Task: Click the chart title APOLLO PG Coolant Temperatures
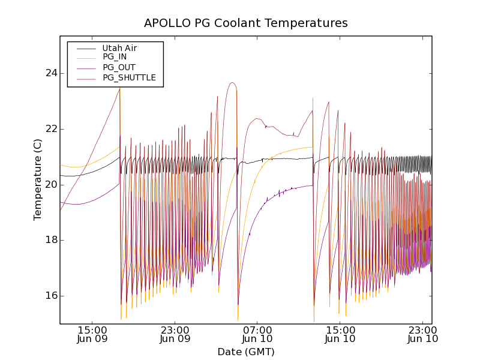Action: (x=245, y=23)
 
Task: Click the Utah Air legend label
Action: (x=119, y=48)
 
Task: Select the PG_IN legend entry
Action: (x=115, y=57)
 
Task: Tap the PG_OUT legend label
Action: (x=119, y=67)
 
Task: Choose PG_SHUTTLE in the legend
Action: (x=129, y=77)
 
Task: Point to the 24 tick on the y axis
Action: (x=50, y=73)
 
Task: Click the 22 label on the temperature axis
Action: (x=50, y=129)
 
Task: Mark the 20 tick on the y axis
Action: (x=50, y=184)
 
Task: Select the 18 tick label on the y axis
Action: (x=50, y=240)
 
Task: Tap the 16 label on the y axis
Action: (x=50, y=296)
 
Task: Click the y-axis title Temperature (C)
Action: (x=38, y=179)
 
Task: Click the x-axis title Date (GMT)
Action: (x=245, y=352)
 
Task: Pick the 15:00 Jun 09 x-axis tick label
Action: (x=92, y=334)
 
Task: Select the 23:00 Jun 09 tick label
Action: (x=175, y=334)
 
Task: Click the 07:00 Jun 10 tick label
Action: (x=257, y=334)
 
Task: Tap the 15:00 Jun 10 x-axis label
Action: (x=340, y=334)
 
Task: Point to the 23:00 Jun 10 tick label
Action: (x=423, y=334)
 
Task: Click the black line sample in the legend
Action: (x=85, y=48)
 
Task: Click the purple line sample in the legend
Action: (x=85, y=68)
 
